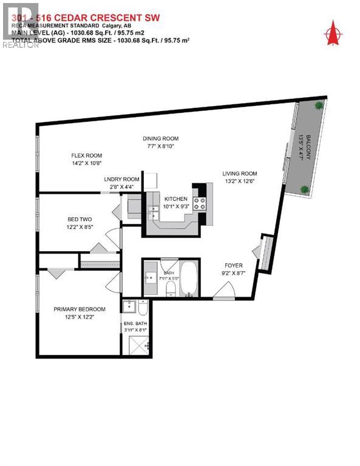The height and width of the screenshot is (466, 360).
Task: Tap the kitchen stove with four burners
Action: (199, 204)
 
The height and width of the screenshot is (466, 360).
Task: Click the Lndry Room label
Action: (121, 180)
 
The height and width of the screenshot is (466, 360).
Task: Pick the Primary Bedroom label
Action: (75, 309)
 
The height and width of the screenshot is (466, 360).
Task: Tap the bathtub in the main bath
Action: (188, 280)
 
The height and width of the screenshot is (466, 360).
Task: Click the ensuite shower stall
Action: (137, 345)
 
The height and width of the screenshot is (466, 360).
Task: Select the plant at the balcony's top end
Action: (318, 106)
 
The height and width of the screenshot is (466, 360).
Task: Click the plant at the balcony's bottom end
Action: (305, 189)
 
